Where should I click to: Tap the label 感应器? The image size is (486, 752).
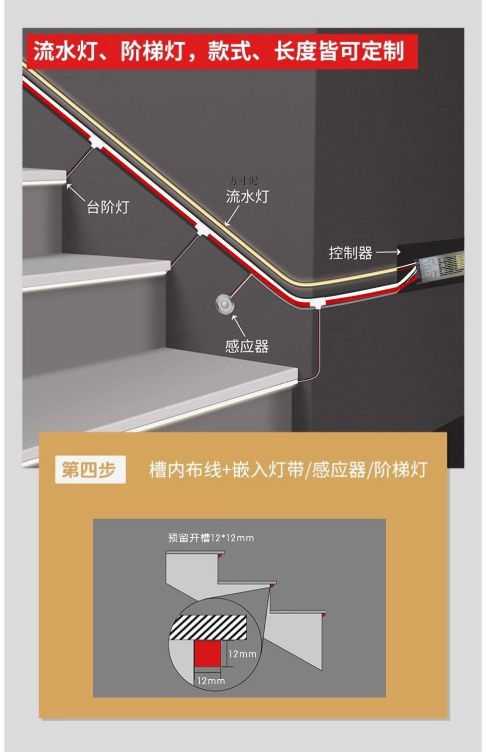247,346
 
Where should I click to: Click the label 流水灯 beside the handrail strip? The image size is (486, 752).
247,196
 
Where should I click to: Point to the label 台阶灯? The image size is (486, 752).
108,207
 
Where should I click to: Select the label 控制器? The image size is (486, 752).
350,253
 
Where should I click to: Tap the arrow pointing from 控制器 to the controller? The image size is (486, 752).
388,252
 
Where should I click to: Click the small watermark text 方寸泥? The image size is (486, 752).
243,181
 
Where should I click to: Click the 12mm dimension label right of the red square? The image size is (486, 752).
243,654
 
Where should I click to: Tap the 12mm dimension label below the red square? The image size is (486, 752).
211,681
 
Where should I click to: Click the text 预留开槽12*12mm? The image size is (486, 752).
211,538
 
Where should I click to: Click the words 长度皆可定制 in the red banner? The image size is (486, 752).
339,52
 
